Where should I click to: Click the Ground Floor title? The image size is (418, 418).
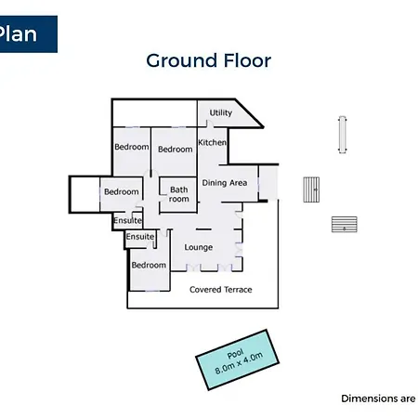coord(208,60)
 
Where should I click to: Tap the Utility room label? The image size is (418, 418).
coord(221,112)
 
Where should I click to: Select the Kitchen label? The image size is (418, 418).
coord(212,142)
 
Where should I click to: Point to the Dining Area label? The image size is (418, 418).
coord(225,183)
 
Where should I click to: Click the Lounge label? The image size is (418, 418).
coord(199,247)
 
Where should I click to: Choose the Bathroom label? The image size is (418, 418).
coord(179,194)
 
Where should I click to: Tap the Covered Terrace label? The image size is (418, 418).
coord(221,290)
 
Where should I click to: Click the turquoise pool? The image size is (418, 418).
coord(237,359)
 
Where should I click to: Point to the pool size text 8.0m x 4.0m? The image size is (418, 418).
coord(239,363)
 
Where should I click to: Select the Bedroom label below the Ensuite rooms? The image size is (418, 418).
coord(149,265)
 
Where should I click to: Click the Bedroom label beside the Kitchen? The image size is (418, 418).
coord(176,150)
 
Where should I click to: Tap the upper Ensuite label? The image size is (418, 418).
coord(127,220)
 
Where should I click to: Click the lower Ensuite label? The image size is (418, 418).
coord(140,237)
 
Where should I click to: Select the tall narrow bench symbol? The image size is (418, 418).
coord(342,135)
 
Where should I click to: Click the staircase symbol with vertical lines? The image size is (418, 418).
coord(311,189)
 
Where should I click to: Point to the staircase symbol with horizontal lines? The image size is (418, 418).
coord(345,224)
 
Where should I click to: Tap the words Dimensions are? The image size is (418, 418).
coord(378,398)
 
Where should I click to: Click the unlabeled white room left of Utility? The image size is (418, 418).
coord(155,113)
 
